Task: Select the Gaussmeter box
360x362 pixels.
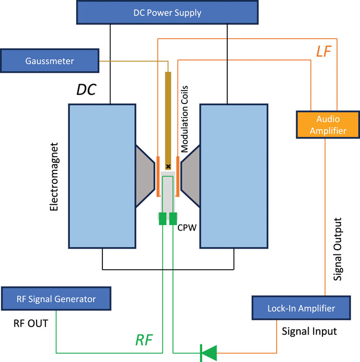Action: [49, 61]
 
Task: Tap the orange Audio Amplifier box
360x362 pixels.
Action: [328, 124]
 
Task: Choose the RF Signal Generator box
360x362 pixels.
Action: [56, 299]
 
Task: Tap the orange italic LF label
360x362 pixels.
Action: [323, 50]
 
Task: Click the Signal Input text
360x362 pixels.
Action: [309, 331]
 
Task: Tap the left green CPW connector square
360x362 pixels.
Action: [163, 218]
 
